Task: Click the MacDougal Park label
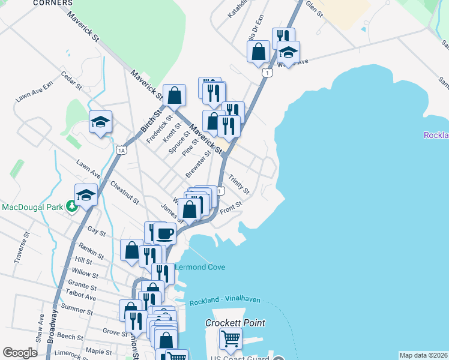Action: pyautogui.click(x=32, y=208)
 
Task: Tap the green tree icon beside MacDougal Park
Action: pyautogui.click(x=72, y=207)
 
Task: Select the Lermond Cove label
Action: pyautogui.click(x=200, y=267)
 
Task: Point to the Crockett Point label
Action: pyautogui.click(x=235, y=323)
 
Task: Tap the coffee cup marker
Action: pyautogui.click(x=164, y=232)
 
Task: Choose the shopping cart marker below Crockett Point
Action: pyautogui.click(x=231, y=339)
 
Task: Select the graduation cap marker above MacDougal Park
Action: pyautogui.click(x=86, y=194)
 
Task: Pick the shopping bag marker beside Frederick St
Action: pyautogui.click(x=174, y=95)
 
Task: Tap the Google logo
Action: pyautogui.click(x=20, y=353)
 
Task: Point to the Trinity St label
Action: pyautogui.click(x=239, y=184)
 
